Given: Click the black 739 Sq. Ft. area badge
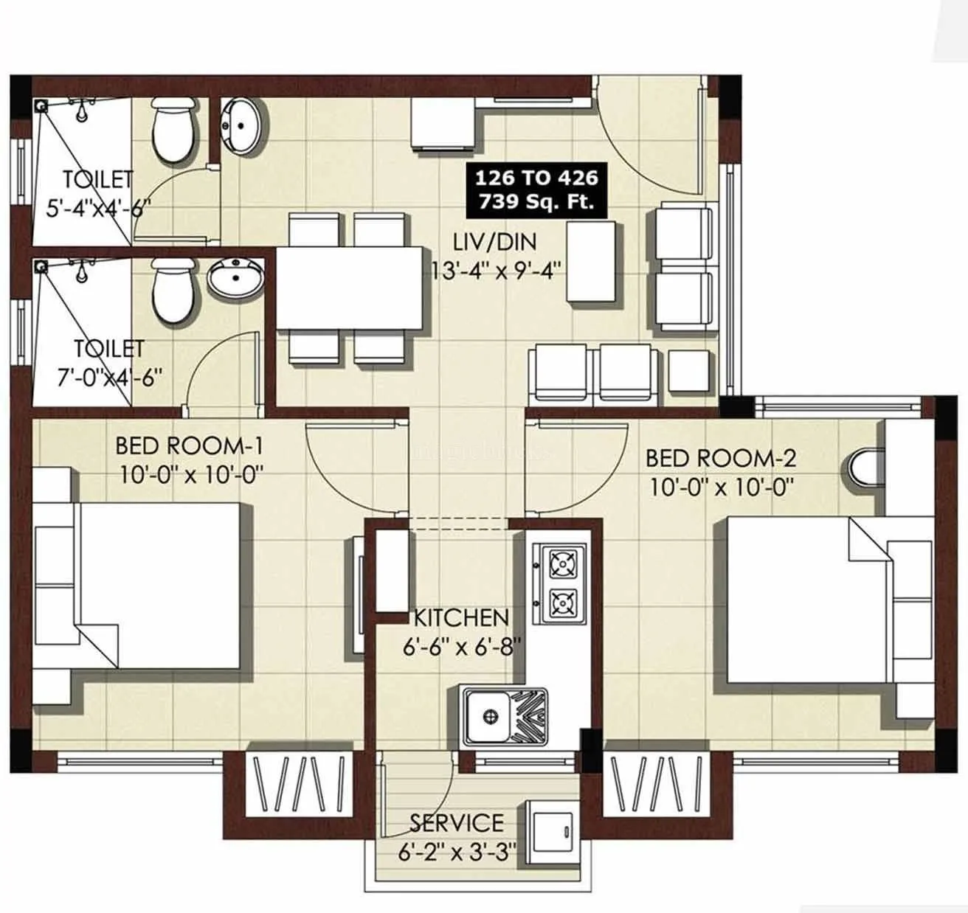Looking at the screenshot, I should coord(536,190).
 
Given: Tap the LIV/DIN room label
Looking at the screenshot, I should coord(495,242).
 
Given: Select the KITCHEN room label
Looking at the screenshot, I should coord(461,618).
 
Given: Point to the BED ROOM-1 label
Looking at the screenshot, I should coord(189,445).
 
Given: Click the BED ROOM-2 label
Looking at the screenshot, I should coord(720,458).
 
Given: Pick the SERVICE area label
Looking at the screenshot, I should coord(457,822).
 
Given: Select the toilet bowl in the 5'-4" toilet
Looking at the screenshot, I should coord(174,131).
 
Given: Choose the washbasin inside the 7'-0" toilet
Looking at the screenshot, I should coord(235,279).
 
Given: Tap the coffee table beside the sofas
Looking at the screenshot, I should coord(592,262).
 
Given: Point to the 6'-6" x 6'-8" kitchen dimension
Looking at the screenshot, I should coord(462,647).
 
